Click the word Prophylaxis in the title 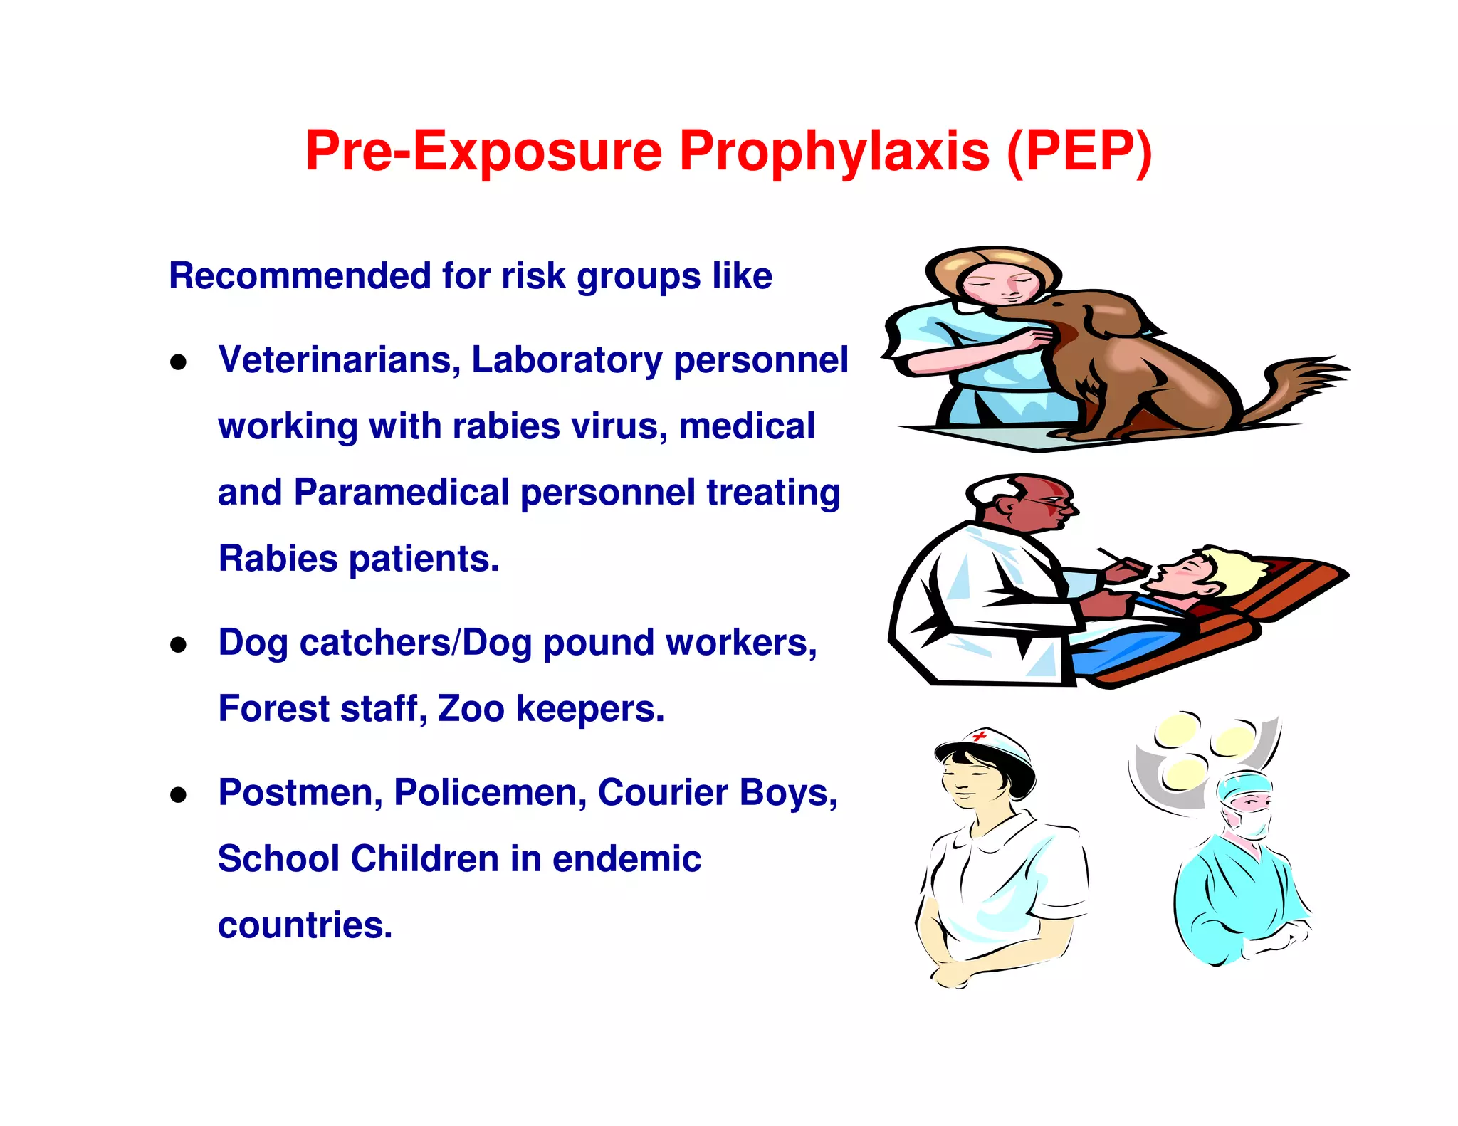pyautogui.click(x=834, y=151)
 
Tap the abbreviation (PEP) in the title pyautogui.click(x=1079, y=151)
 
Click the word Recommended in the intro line pyautogui.click(x=300, y=275)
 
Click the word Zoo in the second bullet pyautogui.click(x=471, y=709)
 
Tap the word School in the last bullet pyautogui.click(x=278, y=858)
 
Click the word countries pyautogui.click(x=305, y=925)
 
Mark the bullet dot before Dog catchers pyautogui.click(x=178, y=645)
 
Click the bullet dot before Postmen pyautogui.click(x=178, y=795)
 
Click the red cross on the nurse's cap pyautogui.click(x=980, y=735)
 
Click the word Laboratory pyautogui.click(x=567, y=359)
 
